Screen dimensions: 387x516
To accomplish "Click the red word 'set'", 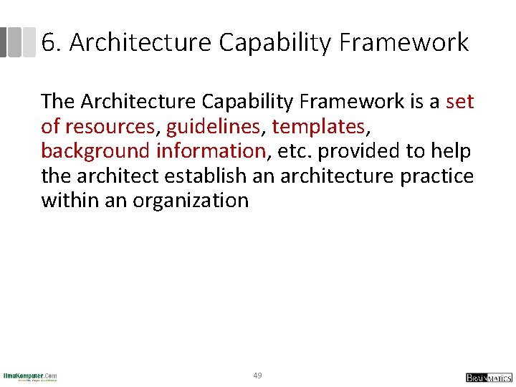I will click(x=459, y=102).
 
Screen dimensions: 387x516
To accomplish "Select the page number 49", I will click(x=258, y=376).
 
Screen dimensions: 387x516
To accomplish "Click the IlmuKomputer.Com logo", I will click(x=30, y=377).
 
